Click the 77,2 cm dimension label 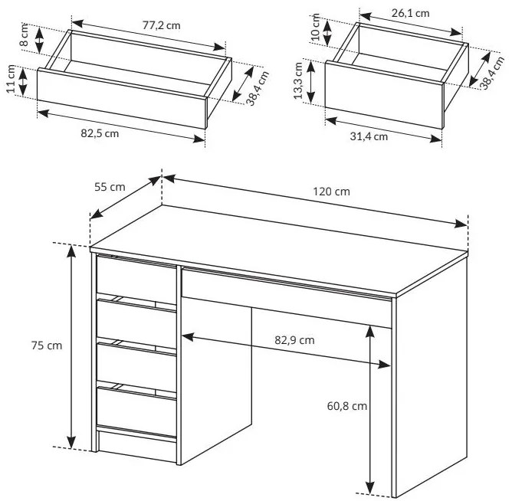pyautogui.click(x=161, y=25)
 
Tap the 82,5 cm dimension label pyautogui.click(x=100, y=133)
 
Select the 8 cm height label pyautogui.click(x=25, y=35)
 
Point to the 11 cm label pyautogui.click(x=11, y=79)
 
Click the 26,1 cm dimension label pyautogui.click(x=411, y=13)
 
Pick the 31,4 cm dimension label pyautogui.click(x=369, y=136)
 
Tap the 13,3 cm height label pyautogui.click(x=298, y=81)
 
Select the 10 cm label pyautogui.click(x=316, y=27)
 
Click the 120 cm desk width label pyautogui.click(x=331, y=192)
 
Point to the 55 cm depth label pyautogui.click(x=110, y=187)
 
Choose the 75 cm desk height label pyautogui.click(x=47, y=345)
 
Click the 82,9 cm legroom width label pyautogui.click(x=294, y=340)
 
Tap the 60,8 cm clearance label pyautogui.click(x=347, y=406)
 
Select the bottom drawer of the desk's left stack pyautogui.click(x=136, y=412)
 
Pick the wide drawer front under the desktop pyautogui.click(x=287, y=298)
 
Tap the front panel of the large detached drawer pyautogui.click(x=121, y=99)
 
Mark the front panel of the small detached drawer pyautogui.click(x=384, y=95)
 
